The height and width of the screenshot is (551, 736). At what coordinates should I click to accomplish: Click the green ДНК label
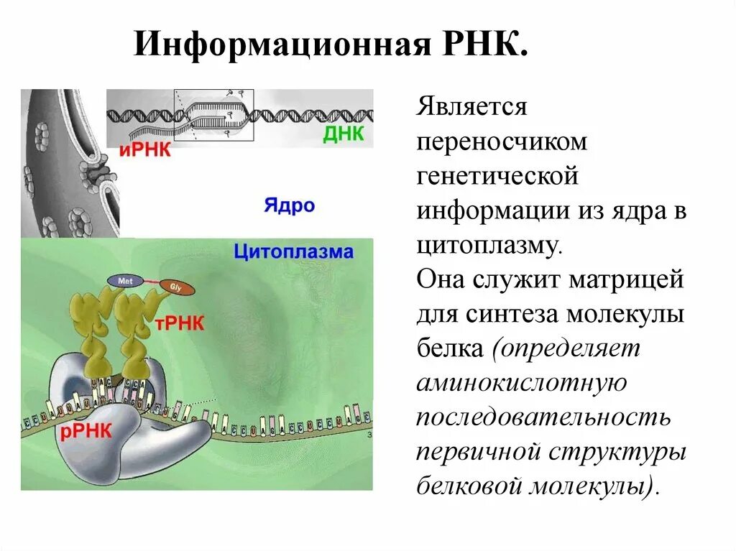(343, 134)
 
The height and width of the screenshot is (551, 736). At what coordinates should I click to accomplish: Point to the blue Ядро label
(289, 205)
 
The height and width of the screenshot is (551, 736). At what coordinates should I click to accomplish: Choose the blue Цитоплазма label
(293, 252)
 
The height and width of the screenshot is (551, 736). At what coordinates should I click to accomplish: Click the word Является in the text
(471, 108)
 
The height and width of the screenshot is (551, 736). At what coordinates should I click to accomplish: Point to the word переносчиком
(502, 142)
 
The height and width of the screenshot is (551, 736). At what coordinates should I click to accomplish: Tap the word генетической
(497, 176)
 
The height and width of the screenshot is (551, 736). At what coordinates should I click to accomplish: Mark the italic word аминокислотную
(521, 383)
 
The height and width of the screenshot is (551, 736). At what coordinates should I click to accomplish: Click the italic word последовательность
(543, 417)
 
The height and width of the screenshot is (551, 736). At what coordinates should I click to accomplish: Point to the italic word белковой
(471, 486)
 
